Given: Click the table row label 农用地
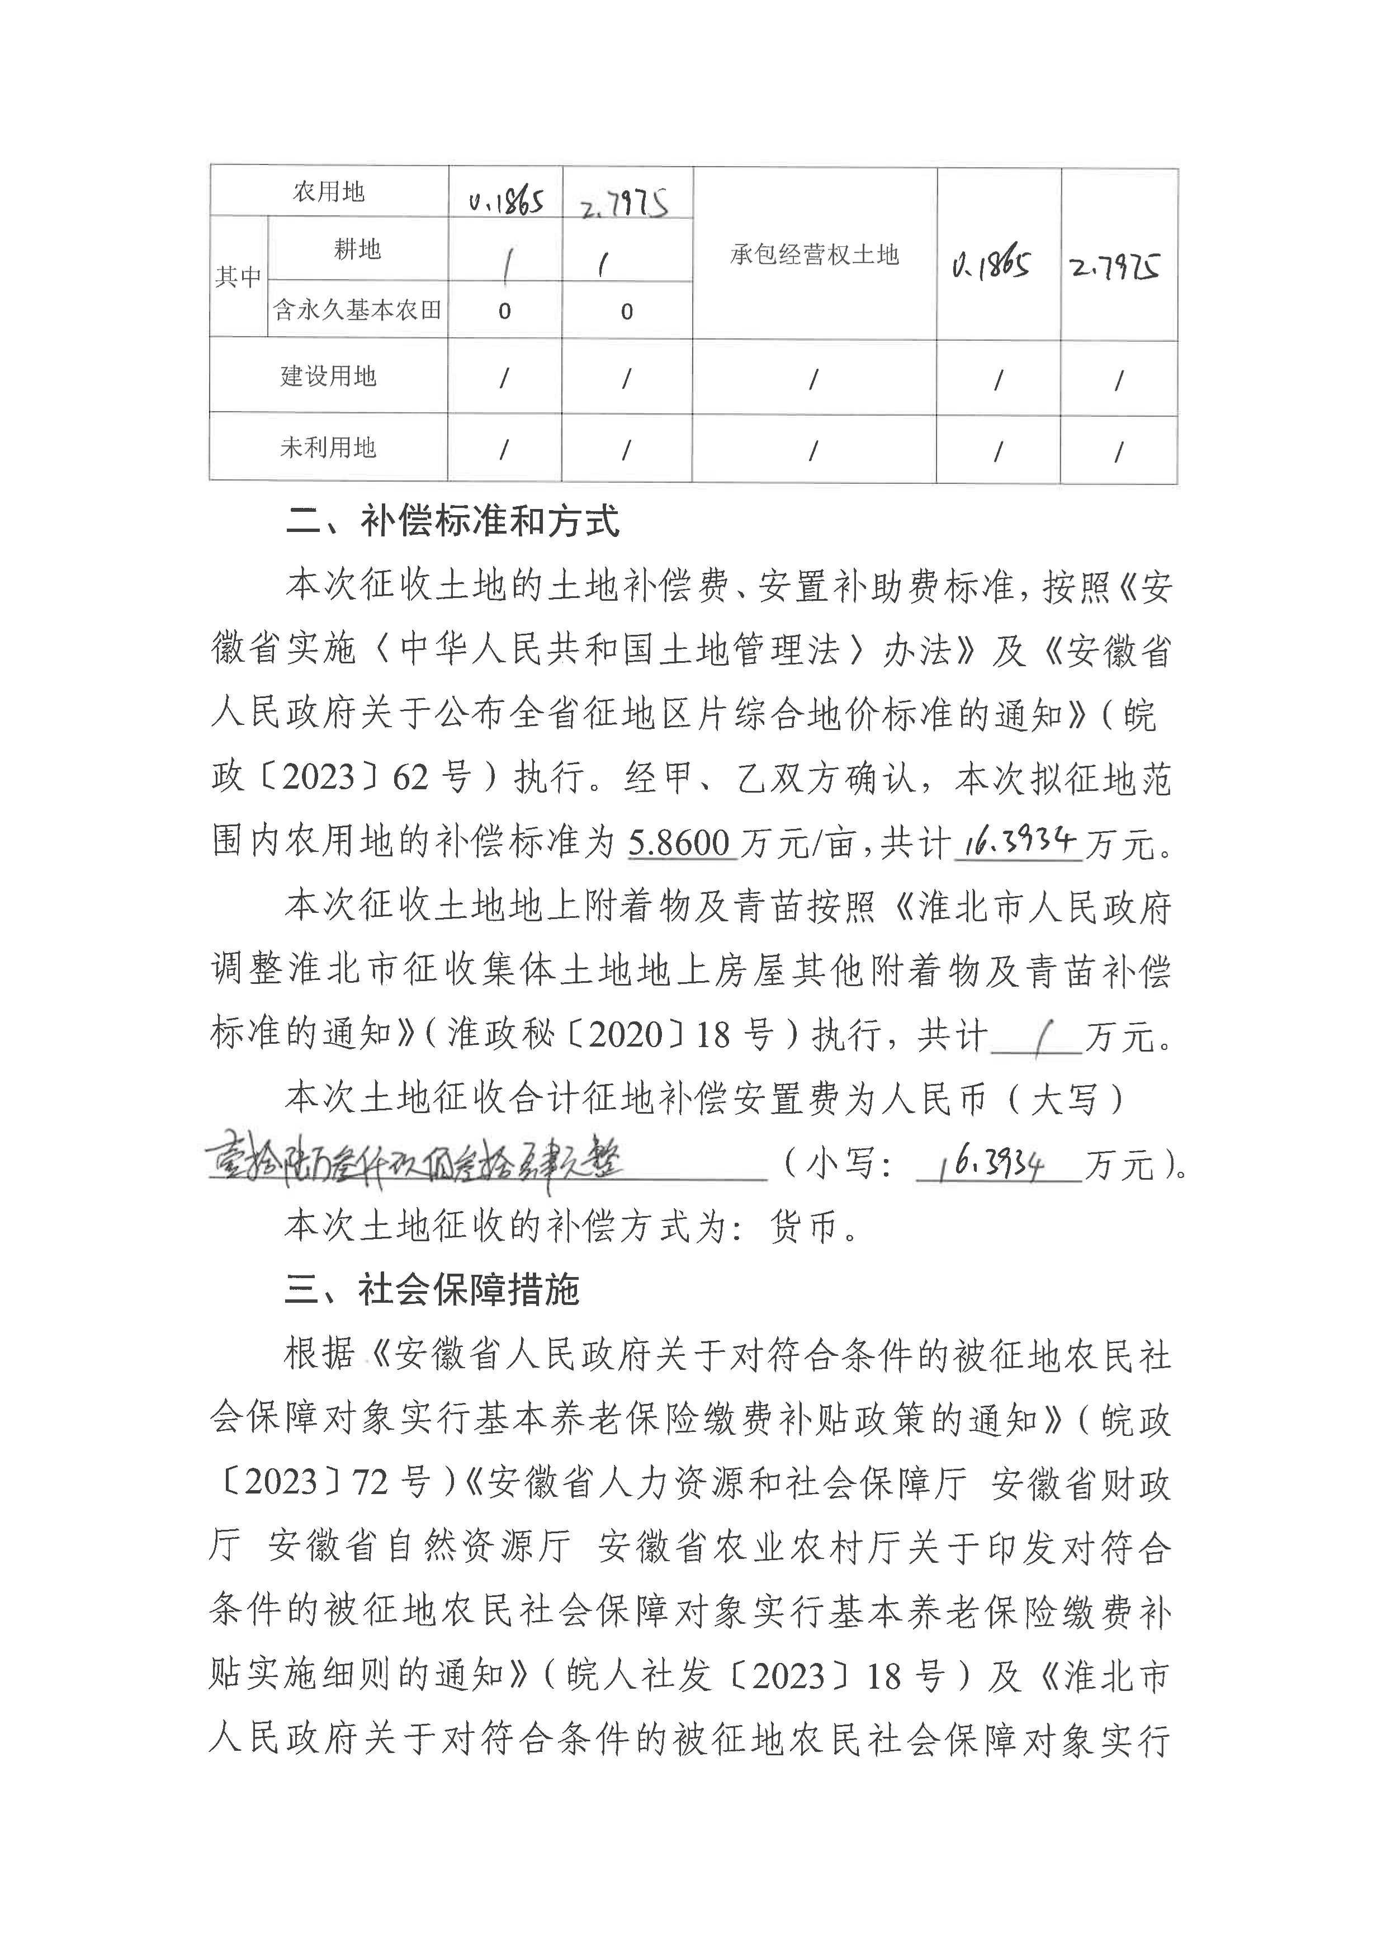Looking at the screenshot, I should (x=329, y=192).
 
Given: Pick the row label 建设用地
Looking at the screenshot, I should (x=329, y=376).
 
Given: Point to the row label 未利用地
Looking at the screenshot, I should (x=329, y=447).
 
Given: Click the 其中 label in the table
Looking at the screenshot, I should (x=238, y=276).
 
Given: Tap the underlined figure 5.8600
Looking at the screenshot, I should (x=679, y=844).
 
